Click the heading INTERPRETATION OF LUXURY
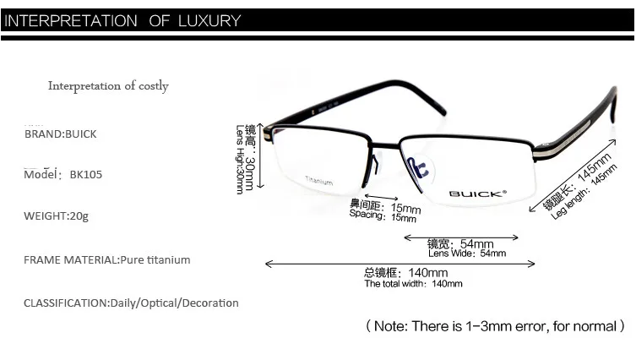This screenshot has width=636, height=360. point(122,21)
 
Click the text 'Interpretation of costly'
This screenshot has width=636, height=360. point(108,85)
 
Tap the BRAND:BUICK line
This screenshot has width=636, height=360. point(60,134)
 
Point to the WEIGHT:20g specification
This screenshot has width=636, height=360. point(56,215)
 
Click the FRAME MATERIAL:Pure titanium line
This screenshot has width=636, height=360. point(106,259)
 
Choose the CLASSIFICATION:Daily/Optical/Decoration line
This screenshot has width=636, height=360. point(131,303)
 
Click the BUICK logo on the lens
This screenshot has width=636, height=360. point(477,194)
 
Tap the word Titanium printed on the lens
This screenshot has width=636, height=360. point(318,182)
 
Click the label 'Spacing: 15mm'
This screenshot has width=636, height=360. point(378,217)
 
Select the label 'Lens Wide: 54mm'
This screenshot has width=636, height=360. point(467,254)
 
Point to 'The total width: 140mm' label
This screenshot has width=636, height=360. point(413,284)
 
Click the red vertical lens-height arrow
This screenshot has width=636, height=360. point(261,153)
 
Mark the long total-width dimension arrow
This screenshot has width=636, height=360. point(400,264)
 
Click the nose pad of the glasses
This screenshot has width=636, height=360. point(418,166)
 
